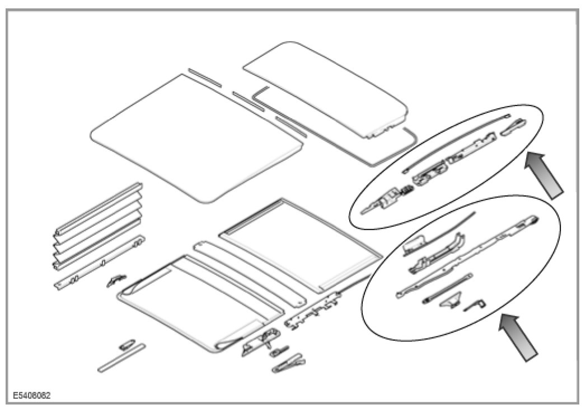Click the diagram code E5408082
[x=30, y=395]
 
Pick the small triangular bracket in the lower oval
[x=450, y=301]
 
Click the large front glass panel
[x=196, y=137]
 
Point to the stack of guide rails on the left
[x=98, y=223]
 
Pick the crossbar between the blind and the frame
[x=249, y=271]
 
